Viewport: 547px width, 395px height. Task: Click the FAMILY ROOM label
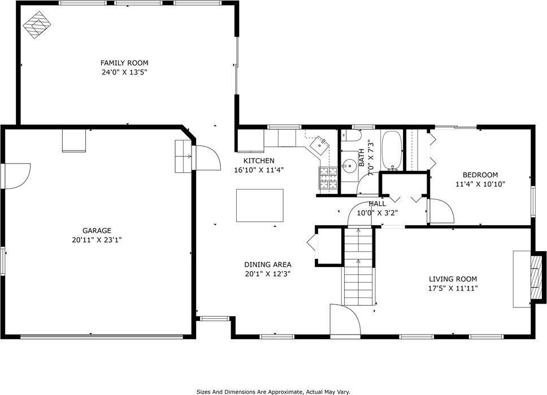click(124, 63)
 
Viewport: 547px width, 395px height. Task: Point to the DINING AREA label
click(267, 264)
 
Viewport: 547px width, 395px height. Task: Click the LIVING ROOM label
click(453, 279)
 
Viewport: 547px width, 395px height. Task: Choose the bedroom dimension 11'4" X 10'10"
click(480, 184)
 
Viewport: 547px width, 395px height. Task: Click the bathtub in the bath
click(391, 151)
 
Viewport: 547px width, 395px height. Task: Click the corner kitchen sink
click(322, 143)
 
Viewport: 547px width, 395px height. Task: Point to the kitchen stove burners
click(328, 178)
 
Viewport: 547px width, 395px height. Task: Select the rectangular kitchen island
click(259, 206)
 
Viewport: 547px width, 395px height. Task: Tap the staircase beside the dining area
click(358, 265)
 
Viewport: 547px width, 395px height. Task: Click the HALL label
click(377, 204)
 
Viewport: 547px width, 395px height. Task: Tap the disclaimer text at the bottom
click(273, 391)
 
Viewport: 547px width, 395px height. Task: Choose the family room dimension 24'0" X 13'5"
click(124, 72)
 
